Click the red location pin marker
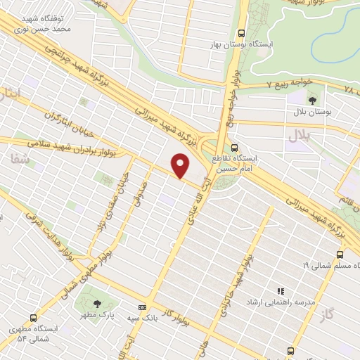181,166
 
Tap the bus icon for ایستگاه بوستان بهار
242,32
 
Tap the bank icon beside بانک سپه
143,307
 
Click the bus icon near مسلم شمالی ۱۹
340,255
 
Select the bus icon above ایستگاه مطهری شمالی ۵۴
32,318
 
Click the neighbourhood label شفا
19,160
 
